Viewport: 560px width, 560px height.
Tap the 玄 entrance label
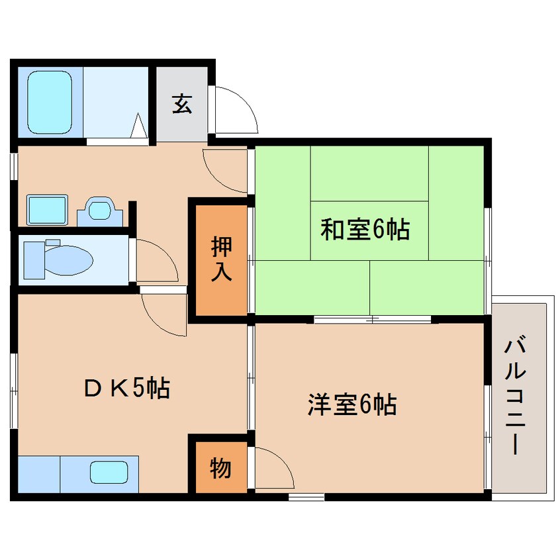(182, 104)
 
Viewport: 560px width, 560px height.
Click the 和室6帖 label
(365, 230)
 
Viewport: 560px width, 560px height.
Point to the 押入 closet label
(221, 259)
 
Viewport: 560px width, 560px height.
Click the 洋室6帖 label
(351, 404)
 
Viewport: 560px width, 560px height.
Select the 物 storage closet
(220, 468)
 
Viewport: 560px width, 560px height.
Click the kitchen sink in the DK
(109, 473)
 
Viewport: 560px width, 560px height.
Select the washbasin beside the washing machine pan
(101, 211)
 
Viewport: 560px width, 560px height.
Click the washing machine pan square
(47, 210)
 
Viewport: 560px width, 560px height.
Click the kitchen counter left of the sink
(38, 474)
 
